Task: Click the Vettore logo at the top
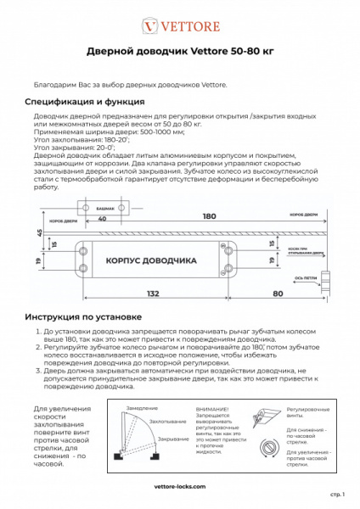point(179,25)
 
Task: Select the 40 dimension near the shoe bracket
point(102,217)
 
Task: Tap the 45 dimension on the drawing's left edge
point(39,232)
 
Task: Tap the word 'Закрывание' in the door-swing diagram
point(173,439)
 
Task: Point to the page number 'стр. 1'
point(335,493)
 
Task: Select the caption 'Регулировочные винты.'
point(302,412)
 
